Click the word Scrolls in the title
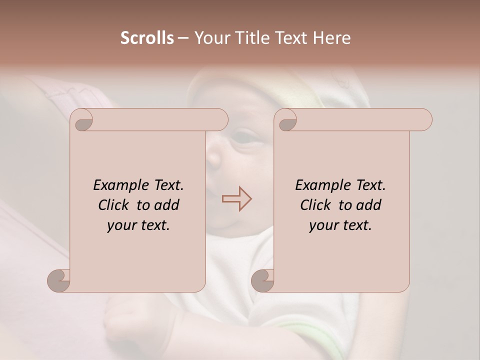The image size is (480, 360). (147, 38)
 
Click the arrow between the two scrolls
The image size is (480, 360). (236, 199)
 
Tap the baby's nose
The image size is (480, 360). (214, 158)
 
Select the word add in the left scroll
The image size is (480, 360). (167, 205)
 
